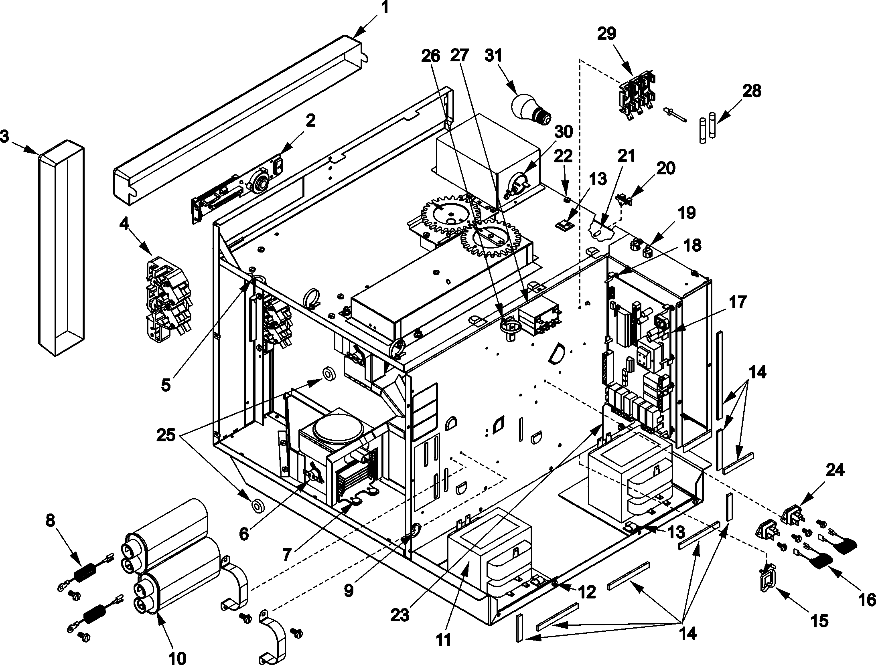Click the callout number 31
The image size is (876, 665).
494,56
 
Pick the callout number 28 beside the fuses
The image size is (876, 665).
752,91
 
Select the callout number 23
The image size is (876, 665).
400,614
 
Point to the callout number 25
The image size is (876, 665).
166,435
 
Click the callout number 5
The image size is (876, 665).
166,385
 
